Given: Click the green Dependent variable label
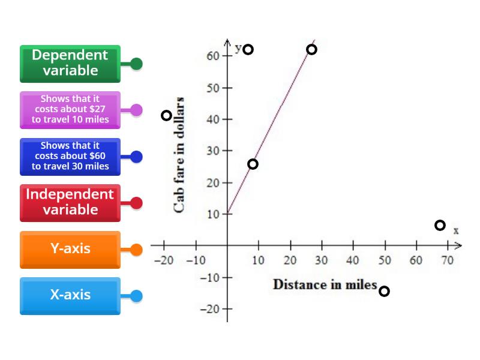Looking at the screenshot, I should click(x=70, y=63).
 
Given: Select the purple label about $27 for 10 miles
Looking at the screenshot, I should click(x=70, y=109).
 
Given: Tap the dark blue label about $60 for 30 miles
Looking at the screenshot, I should click(x=70, y=156).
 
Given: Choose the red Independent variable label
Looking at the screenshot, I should click(x=70, y=202).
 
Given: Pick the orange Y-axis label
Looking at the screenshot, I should click(x=70, y=249).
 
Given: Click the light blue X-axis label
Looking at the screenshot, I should click(x=70, y=295).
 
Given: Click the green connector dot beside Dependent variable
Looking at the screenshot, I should click(x=136, y=64).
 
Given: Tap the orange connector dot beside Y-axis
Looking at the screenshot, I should click(x=136, y=250).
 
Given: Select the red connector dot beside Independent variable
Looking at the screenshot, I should click(x=136, y=203).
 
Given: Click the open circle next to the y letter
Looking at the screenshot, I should click(x=248, y=49).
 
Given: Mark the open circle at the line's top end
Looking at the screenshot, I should click(x=311, y=49).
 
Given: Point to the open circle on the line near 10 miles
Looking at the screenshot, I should click(x=253, y=164).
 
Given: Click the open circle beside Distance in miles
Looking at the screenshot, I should click(x=384, y=292).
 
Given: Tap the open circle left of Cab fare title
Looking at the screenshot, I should click(x=167, y=115).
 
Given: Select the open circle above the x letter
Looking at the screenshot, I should click(x=440, y=225).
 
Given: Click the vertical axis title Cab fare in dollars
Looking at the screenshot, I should click(x=179, y=155).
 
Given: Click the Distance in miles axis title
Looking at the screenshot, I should click(x=325, y=284).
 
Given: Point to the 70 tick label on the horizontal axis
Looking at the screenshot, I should click(x=447, y=260).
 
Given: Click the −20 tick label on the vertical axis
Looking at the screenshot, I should click(x=211, y=309).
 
